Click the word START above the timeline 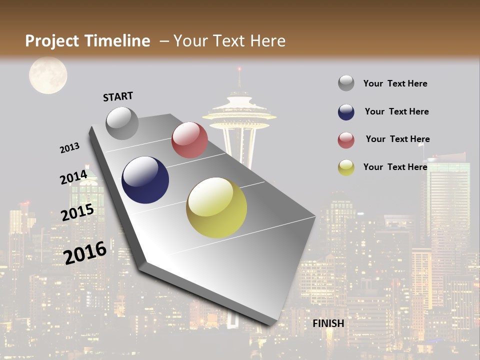point(118,96)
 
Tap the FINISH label point(328,323)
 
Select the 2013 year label point(69,148)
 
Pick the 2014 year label point(73,177)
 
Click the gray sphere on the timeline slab point(122,123)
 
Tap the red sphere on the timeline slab point(189,140)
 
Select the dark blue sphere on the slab point(145,180)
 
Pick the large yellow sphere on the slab point(216,207)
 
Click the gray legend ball point(346,83)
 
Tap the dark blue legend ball point(346,112)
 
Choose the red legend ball point(346,140)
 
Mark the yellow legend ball point(346,167)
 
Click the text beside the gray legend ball point(395,83)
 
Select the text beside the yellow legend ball point(395,167)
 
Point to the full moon point(48,75)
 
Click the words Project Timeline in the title point(87,41)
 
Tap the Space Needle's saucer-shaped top point(239,112)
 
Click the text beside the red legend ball point(397,139)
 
